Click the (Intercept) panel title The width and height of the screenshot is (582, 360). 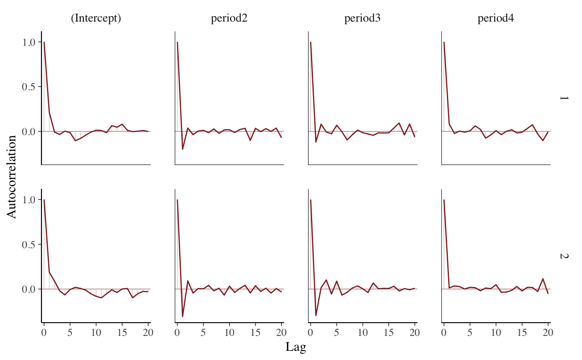click(x=96, y=19)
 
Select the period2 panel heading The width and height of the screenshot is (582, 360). click(x=229, y=19)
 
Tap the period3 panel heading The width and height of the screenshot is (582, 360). click(x=363, y=19)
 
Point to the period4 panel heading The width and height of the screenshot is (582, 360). click(x=496, y=19)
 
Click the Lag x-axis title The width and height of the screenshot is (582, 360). click(x=296, y=347)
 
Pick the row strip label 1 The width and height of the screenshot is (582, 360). click(x=563, y=98)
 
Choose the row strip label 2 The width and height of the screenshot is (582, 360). click(x=563, y=256)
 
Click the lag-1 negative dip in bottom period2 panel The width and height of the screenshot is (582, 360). click(x=182, y=317)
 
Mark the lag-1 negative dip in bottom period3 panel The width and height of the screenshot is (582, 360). click(x=316, y=316)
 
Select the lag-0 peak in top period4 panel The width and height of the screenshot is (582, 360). click(x=444, y=42)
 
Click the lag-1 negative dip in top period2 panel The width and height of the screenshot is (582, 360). click(x=182, y=149)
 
